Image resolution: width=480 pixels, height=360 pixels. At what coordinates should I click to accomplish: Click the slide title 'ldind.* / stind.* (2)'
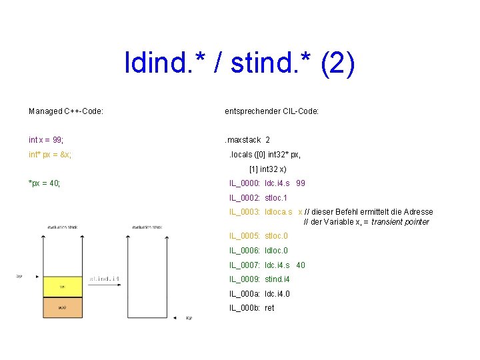click(x=239, y=64)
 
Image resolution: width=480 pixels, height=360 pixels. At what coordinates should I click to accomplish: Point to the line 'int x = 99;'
click(x=46, y=140)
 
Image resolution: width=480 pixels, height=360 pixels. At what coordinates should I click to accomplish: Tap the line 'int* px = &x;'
click(x=50, y=155)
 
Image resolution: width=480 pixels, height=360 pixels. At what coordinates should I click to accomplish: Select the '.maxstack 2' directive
click(x=247, y=140)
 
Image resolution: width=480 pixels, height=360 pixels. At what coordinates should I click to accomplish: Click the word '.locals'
click(x=241, y=155)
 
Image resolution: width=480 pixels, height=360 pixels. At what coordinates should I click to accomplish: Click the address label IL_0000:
click(x=245, y=183)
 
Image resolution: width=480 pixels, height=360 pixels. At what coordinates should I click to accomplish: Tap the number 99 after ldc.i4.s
click(x=301, y=183)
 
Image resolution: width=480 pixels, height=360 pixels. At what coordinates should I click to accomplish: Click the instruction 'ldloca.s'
click(x=279, y=212)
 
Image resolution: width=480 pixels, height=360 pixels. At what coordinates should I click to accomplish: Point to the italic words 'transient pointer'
click(x=400, y=222)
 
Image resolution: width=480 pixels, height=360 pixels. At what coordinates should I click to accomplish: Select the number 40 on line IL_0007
click(x=301, y=265)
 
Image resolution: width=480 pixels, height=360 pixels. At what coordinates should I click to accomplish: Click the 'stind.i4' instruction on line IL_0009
click(x=277, y=279)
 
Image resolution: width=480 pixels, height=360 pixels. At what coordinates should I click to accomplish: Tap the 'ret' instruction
click(x=269, y=308)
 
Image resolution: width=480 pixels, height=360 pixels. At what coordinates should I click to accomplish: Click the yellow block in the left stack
click(x=62, y=287)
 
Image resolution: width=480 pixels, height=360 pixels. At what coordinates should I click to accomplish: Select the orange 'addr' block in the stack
click(x=62, y=307)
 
